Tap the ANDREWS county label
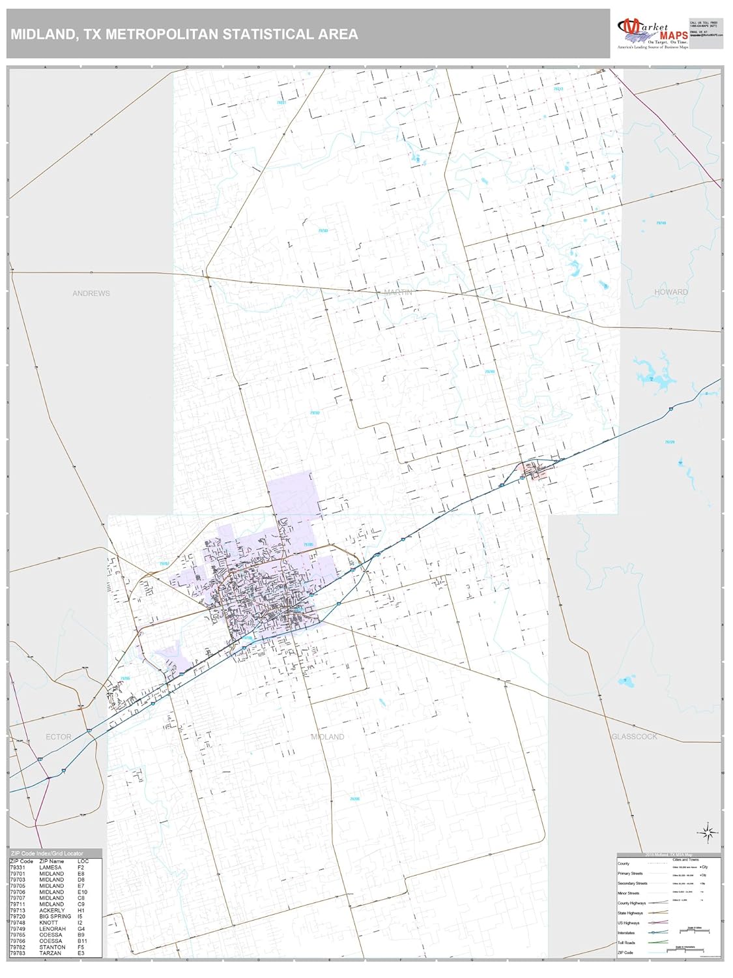(x=91, y=293)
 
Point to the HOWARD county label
(x=671, y=292)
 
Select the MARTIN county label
(x=397, y=292)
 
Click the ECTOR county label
(x=59, y=737)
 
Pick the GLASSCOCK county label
(x=634, y=736)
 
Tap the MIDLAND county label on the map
(x=327, y=737)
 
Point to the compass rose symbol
(x=710, y=831)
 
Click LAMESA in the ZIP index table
(x=51, y=868)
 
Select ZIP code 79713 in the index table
(x=18, y=910)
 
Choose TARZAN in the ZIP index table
(x=50, y=953)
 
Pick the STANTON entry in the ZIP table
(x=52, y=947)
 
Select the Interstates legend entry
(x=626, y=933)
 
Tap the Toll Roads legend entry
(x=626, y=943)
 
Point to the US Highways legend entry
(x=629, y=923)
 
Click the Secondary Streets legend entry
(x=632, y=883)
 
